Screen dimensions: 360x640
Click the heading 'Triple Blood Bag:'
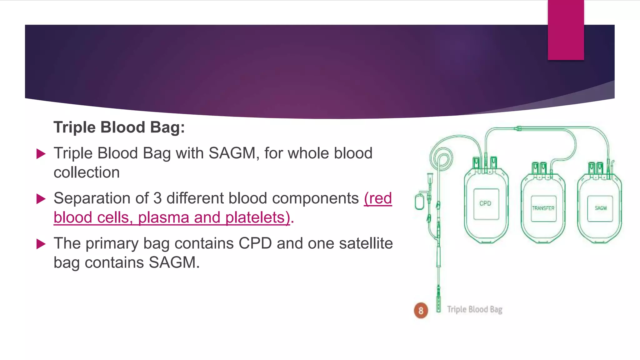[x=119, y=127]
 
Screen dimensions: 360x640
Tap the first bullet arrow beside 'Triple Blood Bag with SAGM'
[x=41, y=154]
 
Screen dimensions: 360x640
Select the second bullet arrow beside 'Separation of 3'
[x=41, y=199]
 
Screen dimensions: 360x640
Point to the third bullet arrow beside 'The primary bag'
[x=41, y=244]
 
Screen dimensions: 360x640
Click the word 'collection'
[x=87, y=172]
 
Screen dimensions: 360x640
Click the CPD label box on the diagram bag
[x=486, y=204]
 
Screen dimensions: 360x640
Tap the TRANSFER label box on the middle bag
[x=543, y=208]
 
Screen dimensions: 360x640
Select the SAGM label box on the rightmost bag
[x=600, y=208]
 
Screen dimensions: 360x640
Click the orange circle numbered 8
[x=421, y=310]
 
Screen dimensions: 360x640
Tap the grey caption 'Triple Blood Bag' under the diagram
[x=474, y=309]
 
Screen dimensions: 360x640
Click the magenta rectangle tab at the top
[x=566, y=30]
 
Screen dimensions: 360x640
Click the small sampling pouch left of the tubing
[x=419, y=202]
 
